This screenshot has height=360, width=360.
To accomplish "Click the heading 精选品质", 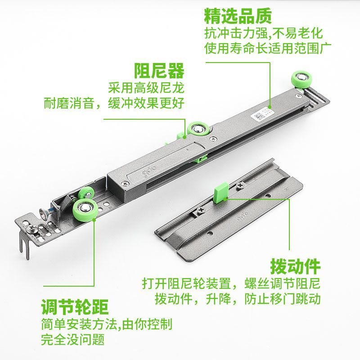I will coord(238,17).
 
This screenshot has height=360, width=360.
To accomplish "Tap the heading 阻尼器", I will coord(160,71).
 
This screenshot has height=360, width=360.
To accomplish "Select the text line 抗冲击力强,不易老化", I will coord(263,33).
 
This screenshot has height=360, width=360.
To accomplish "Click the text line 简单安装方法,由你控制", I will coord(107,324).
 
